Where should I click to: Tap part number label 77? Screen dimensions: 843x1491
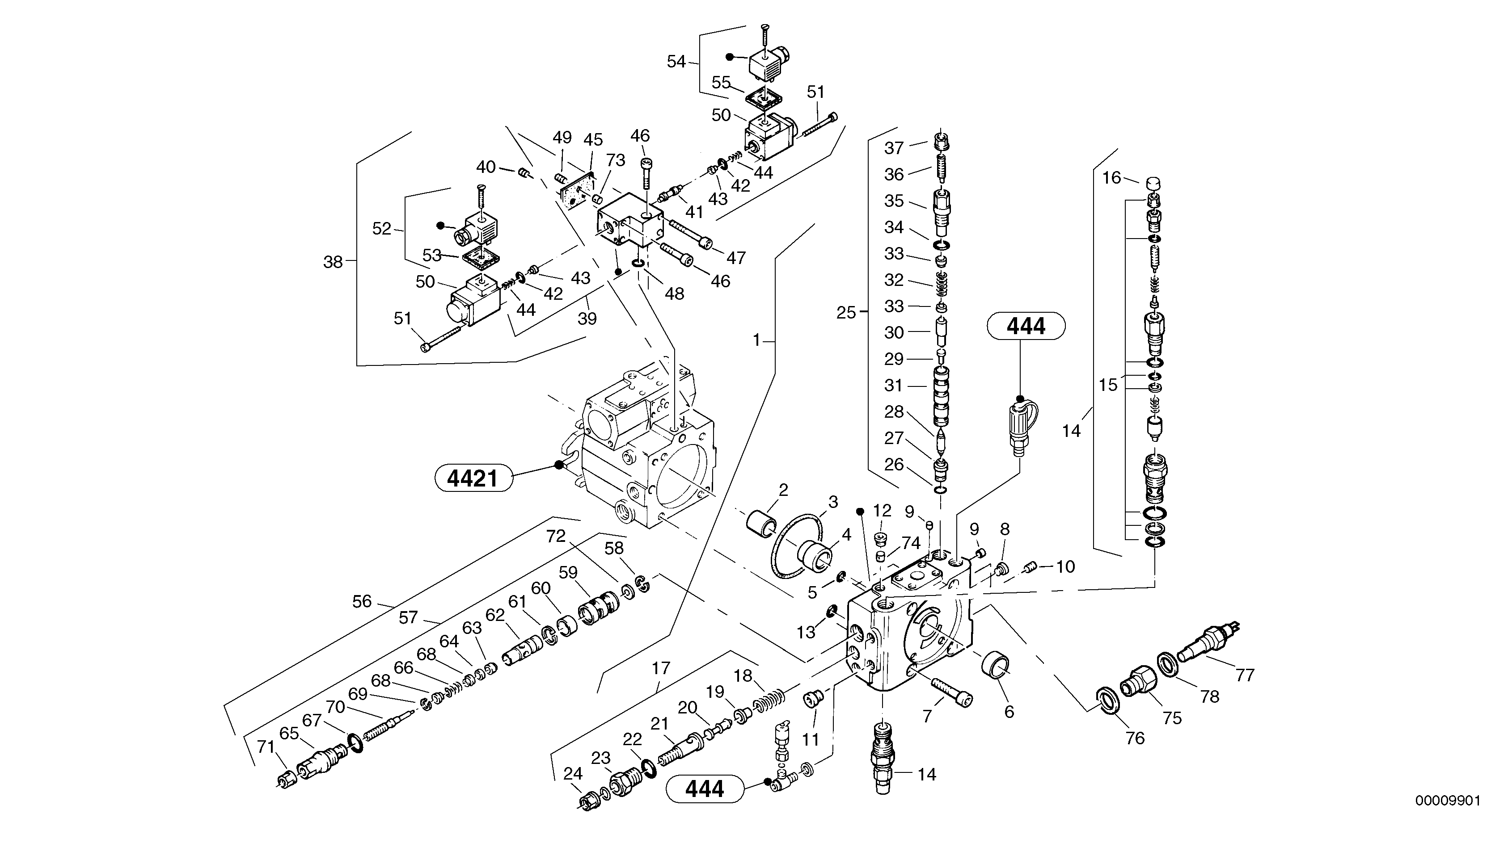pyautogui.click(x=1244, y=675)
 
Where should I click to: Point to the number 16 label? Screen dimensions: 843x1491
pyautogui.click(x=1111, y=178)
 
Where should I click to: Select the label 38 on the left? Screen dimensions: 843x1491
pyautogui.click(x=333, y=262)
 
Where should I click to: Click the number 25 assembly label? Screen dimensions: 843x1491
pyautogui.click(x=846, y=313)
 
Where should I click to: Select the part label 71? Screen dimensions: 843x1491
pyautogui.click(x=266, y=747)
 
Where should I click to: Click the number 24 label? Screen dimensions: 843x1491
pyautogui.click(x=572, y=773)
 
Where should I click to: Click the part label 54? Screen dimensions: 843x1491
pyautogui.click(x=676, y=62)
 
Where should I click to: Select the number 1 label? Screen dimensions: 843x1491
pyautogui.click(x=756, y=340)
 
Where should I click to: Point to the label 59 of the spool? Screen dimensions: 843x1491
pyautogui.click(x=568, y=573)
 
